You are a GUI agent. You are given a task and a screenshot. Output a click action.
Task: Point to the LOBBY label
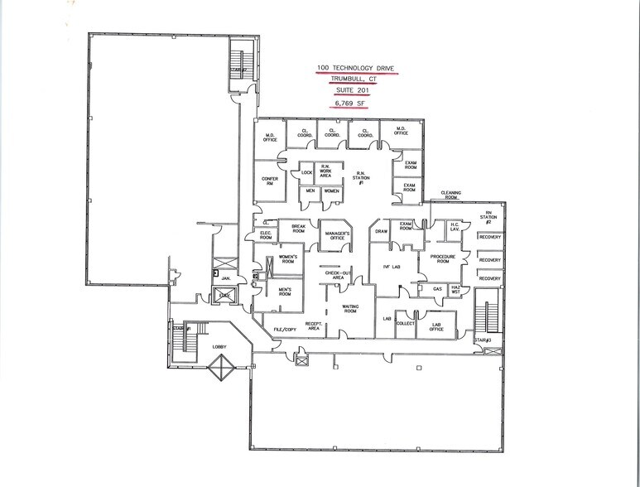click(x=219, y=346)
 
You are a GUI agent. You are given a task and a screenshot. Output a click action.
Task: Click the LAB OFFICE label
click(x=438, y=325)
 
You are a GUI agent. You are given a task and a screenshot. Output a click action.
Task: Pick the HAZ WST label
click(x=455, y=290)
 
